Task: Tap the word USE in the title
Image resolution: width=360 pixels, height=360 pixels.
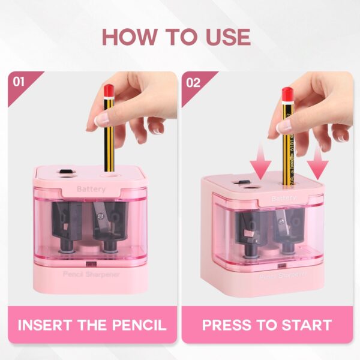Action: tap(228, 37)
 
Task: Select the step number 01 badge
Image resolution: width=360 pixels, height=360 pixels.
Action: tap(19, 82)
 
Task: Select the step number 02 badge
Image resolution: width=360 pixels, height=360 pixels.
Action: tap(193, 83)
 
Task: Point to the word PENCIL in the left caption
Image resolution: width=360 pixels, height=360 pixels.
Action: tap(139, 325)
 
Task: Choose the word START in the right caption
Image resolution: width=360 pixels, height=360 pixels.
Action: tap(307, 325)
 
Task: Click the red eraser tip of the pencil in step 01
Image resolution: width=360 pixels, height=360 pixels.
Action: tap(109, 91)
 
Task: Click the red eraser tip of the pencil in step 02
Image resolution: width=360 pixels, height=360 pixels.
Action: tap(287, 94)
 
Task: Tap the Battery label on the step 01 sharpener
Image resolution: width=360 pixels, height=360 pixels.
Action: tap(91, 189)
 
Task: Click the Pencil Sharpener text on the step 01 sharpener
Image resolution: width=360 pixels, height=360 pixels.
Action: tap(91, 274)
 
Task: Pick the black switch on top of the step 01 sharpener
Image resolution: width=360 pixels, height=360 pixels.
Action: tap(65, 172)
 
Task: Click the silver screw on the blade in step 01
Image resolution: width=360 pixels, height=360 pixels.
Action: tap(100, 215)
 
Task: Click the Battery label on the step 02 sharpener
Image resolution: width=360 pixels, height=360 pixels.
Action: tap(283, 199)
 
